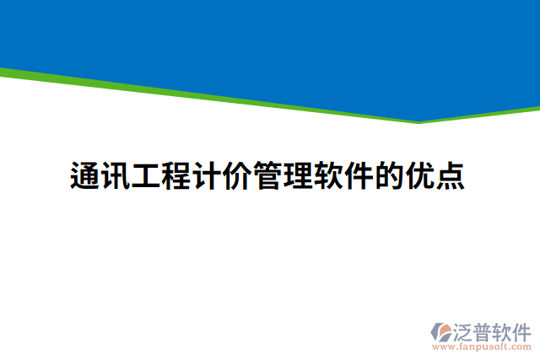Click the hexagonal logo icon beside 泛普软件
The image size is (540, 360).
(442, 330)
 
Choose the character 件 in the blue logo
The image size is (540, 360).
(523, 330)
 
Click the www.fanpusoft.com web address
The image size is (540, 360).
(481, 347)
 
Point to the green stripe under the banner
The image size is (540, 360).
(211, 96)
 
